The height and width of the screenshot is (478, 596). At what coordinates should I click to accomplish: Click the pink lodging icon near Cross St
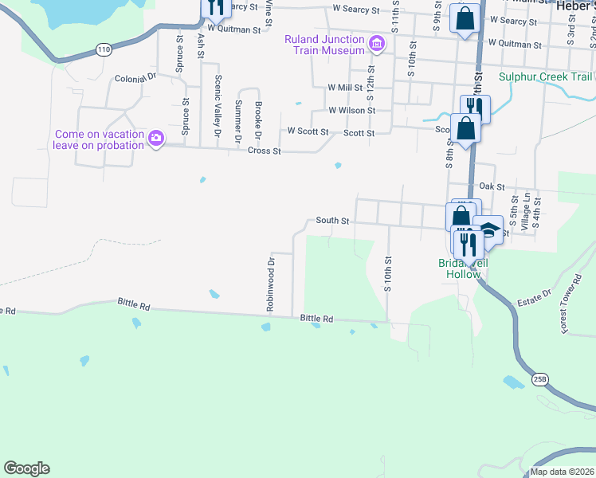156,139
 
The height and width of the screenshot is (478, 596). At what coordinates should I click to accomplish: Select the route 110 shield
103,49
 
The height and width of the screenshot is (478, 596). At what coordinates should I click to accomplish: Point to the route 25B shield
541,378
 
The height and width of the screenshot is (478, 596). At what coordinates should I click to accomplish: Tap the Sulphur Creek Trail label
546,77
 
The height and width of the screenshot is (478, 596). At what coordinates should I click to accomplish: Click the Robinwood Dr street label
272,284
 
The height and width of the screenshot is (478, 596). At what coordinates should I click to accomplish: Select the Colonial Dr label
137,79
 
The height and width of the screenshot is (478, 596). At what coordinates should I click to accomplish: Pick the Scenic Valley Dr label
218,106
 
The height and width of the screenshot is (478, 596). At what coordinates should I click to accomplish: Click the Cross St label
265,151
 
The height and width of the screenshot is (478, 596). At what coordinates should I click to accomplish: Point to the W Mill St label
345,88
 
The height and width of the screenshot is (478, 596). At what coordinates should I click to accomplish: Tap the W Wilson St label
347,111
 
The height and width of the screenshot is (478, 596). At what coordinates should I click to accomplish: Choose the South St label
333,221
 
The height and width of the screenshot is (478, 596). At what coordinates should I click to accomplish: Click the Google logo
26,468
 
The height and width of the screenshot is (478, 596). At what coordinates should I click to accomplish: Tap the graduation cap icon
488,229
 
